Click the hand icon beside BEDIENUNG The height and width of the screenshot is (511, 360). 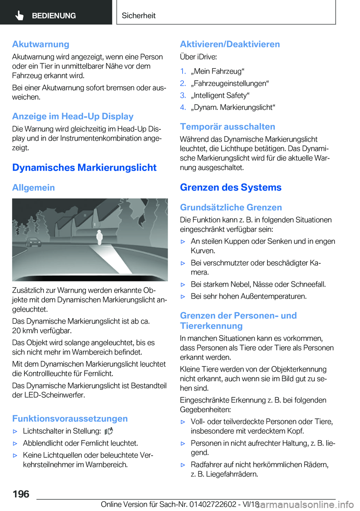point(19,15)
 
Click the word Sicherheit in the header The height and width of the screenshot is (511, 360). point(138,15)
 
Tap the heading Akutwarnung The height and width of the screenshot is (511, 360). point(40,44)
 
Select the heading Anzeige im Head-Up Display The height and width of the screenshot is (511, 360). point(73,116)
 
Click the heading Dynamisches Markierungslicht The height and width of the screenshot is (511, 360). point(84,168)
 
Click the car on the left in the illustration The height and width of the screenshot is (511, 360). point(33,242)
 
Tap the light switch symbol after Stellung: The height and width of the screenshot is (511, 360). point(108,431)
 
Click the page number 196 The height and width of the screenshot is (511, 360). point(21,494)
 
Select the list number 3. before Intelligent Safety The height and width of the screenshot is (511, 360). point(183,95)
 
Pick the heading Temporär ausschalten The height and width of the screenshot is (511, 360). point(227,127)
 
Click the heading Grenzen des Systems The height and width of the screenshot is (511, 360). point(231,188)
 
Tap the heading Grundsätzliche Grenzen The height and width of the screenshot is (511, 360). point(231,207)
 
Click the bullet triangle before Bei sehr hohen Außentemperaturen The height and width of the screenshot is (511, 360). point(183,296)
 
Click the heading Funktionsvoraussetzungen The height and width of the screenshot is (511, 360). point(70,419)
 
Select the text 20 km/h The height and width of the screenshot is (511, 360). point(25,331)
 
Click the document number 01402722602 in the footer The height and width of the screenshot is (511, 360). point(213,504)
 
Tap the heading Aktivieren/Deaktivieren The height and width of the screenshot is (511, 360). point(229,44)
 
